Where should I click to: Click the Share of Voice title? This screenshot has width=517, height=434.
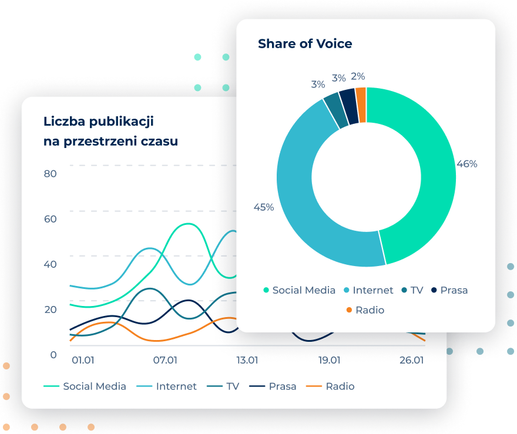coord(305,44)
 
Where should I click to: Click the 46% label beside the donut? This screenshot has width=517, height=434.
coord(467,164)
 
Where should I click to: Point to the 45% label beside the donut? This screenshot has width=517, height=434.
coord(263,207)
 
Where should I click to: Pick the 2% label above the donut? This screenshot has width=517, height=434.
coord(358,76)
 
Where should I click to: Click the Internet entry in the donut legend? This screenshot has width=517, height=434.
coord(372,290)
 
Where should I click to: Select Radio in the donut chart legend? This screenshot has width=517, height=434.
coord(369,310)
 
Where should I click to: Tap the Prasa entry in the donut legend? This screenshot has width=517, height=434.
coord(454,290)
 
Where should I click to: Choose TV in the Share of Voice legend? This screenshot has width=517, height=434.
coord(417,290)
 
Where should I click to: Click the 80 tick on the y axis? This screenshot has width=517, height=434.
coord(51,174)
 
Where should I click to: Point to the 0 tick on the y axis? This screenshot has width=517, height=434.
coord(53,355)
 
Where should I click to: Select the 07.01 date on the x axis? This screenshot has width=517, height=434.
coord(165,360)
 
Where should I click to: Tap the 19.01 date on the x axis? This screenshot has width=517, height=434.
coord(330,360)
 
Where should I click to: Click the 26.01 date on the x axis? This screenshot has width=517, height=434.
coord(411,360)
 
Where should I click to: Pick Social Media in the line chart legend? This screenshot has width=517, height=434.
coord(94,386)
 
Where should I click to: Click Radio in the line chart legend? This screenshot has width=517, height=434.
coord(340,386)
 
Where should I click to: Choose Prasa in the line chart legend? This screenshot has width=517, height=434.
coord(282,386)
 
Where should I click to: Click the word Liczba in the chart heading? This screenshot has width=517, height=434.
coord(64,122)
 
